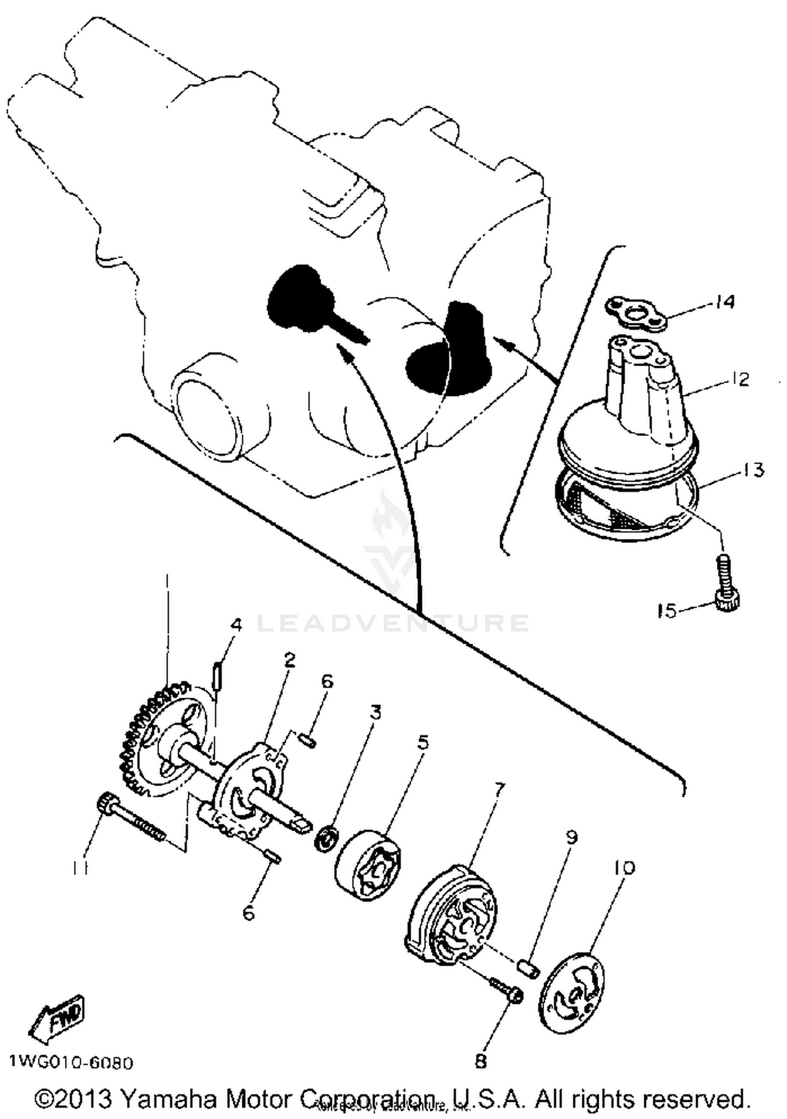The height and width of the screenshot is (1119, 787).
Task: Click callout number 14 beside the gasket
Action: click(x=725, y=302)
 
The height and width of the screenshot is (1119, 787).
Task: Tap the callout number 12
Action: click(x=740, y=379)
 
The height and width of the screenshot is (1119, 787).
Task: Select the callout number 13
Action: click(x=753, y=470)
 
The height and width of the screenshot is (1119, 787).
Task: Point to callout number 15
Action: click(x=667, y=611)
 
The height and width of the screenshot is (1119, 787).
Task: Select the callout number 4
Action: click(x=237, y=625)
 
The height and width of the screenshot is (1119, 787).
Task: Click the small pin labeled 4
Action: click(x=216, y=676)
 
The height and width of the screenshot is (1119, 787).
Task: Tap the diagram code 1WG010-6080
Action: click(x=71, y=1062)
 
